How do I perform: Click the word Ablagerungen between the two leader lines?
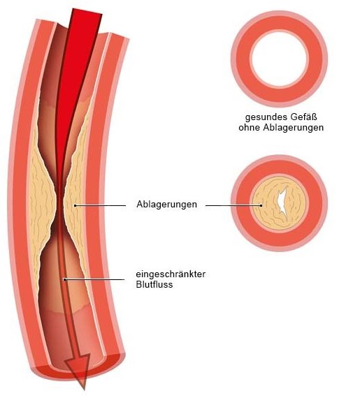(167, 205)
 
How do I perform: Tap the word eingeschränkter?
(171, 274)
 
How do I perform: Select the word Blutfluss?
(154, 285)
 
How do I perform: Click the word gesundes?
(266, 117)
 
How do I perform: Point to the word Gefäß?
(303, 117)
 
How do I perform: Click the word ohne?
(250, 128)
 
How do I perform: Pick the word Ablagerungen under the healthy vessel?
(294, 128)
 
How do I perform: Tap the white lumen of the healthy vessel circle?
(280, 59)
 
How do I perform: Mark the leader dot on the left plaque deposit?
(75, 205)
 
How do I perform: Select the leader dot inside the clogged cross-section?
(261, 205)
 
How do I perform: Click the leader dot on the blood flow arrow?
(64, 279)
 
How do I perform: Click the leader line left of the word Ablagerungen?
(101, 205)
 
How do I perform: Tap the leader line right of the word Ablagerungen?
(233, 205)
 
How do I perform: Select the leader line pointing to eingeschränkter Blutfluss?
(94, 279)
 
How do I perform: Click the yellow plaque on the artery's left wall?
(41, 204)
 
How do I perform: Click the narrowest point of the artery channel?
(60, 207)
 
